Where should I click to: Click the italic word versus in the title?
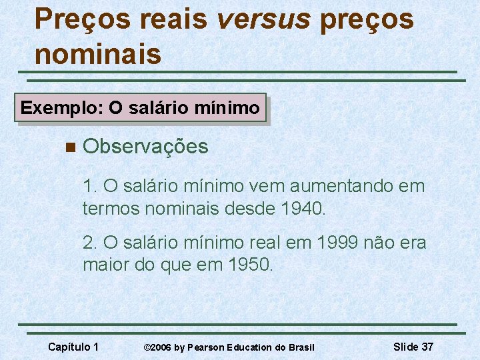(263, 20)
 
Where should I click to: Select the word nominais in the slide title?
(98, 53)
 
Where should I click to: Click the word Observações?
(146, 147)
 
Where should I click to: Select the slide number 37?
(427, 347)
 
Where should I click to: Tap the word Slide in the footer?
(406, 347)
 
